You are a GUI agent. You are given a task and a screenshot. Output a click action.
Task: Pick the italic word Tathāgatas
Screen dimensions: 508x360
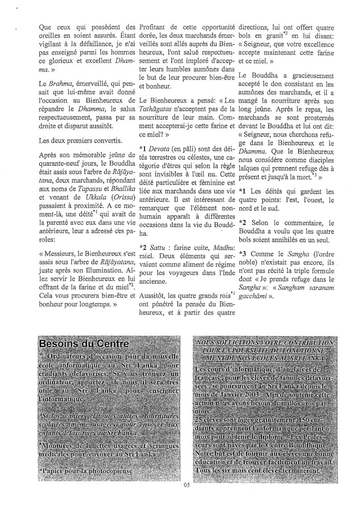pos(157,121)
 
